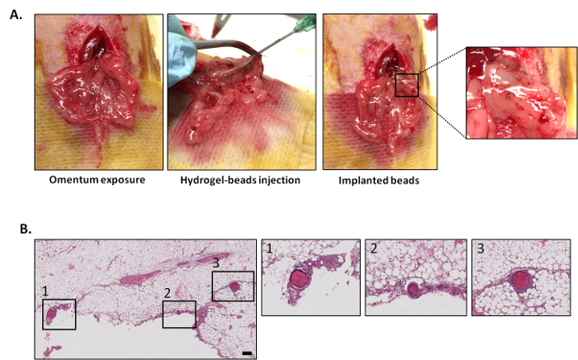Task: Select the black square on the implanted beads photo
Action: click(406, 84)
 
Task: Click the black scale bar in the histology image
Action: click(247, 353)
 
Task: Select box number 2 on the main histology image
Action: click(179, 314)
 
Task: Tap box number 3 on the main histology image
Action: click(233, 287)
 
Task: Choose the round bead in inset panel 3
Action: click(520, 280)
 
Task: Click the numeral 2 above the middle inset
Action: click(374, 248)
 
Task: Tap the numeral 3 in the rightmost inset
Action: click(479, 249)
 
